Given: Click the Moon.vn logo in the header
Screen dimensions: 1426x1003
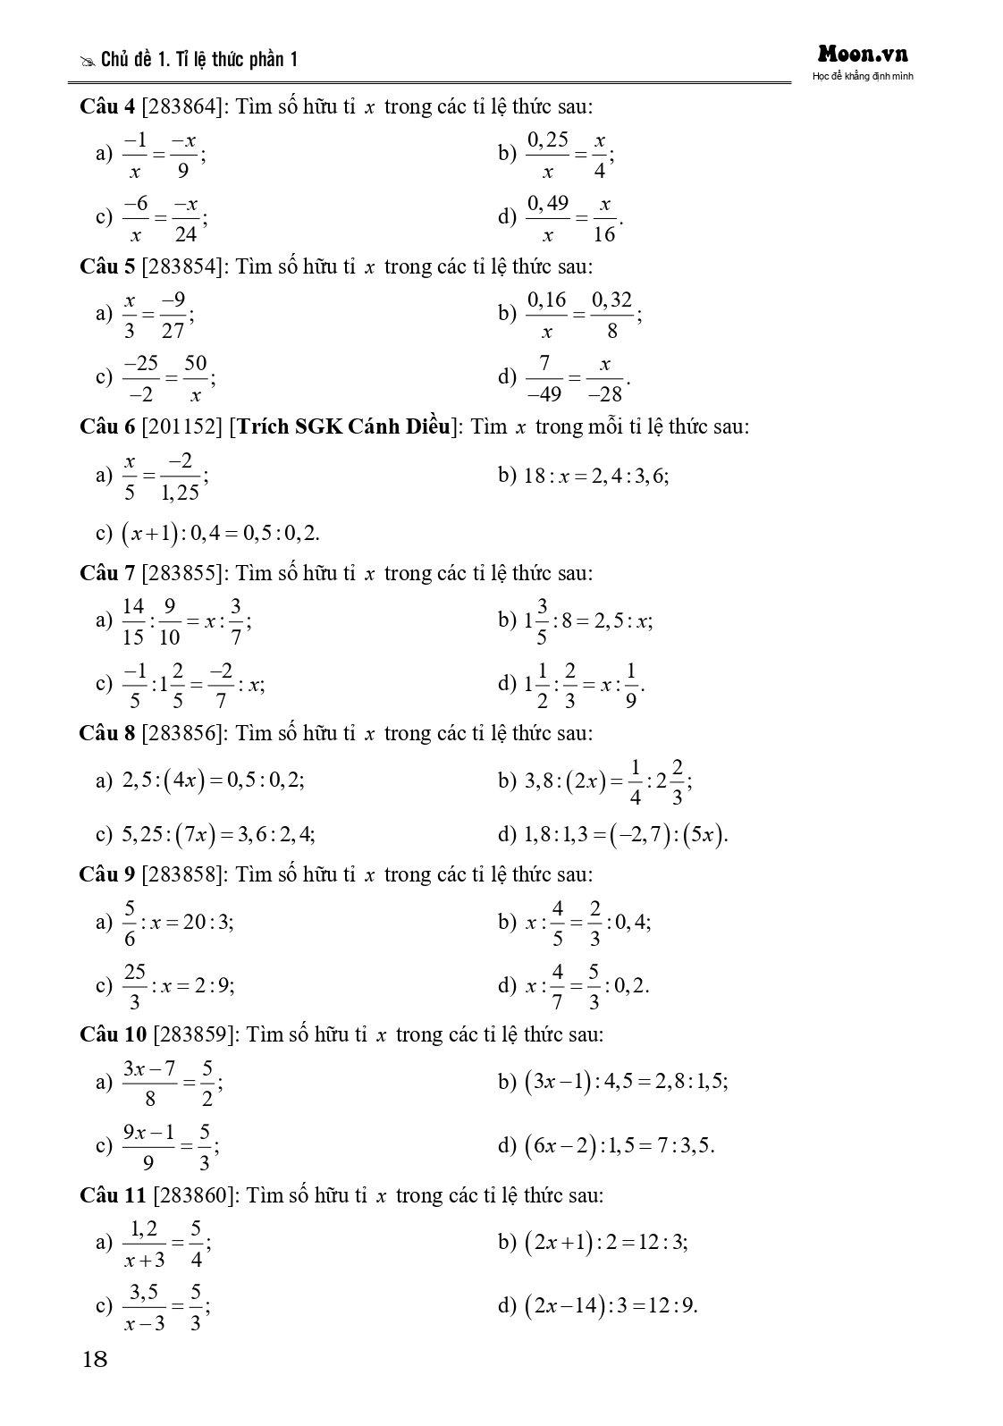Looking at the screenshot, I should point(862,55).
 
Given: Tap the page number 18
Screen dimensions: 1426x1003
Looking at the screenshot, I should point(94,1360).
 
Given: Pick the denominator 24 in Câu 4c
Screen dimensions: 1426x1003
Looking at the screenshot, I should point(185,235).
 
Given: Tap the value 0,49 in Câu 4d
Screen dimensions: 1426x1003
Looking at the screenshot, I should point(547,204).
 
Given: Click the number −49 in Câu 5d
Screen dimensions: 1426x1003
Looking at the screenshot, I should point(544,393).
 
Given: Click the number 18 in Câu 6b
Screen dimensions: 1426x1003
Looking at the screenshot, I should point(535,476).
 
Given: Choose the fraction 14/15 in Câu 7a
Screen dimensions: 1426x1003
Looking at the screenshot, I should point(132,621).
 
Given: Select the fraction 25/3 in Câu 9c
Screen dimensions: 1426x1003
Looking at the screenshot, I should point(134,986).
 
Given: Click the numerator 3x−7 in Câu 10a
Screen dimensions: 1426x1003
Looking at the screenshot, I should point(149,1069).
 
